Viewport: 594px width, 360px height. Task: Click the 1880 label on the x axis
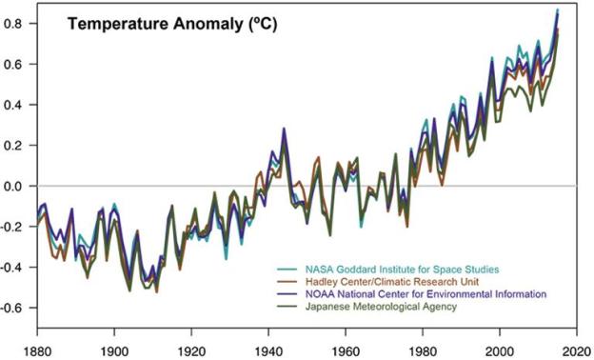pyautogui.click(x=38, y=348)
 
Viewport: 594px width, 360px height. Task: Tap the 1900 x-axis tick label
pyautogui.click(x=114, y=348)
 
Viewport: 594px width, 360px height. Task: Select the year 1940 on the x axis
pyautogui.click(x=267, y=348)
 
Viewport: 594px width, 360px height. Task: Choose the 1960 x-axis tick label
pyautogui.click(x=344, y=348)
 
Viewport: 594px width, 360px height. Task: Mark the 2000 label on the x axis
pyautogui.click(x=496, y=348)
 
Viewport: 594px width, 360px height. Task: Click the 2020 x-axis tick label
pyautogui.click(x=572, y=348)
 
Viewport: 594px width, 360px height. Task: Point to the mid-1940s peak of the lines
pyautogui.click(x=284, y=130)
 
